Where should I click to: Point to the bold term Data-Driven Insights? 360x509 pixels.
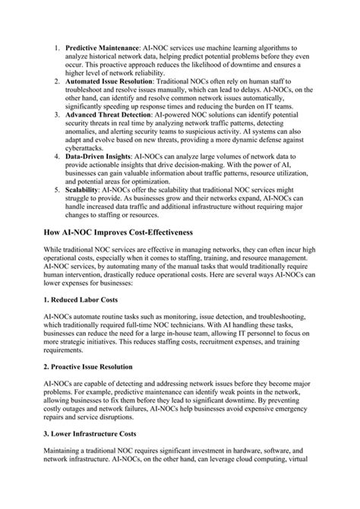pos(99,157)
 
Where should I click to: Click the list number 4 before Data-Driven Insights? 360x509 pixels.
pos(56,157)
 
